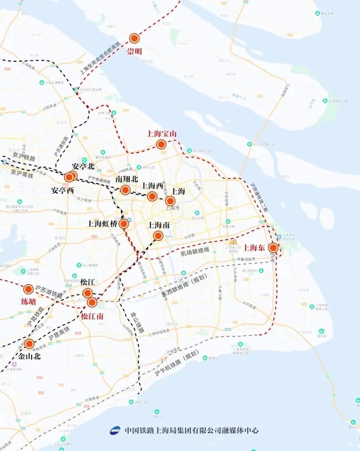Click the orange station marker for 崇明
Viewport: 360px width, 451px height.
click(134, 38)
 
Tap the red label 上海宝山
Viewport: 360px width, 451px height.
click(162, 134)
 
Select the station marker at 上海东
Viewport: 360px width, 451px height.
click(274, 248)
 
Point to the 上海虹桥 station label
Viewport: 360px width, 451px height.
click(103, 224)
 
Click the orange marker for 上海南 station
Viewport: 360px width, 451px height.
click(158, 236)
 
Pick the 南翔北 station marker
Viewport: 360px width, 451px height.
click(125, 190)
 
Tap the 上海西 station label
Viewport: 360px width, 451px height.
click(152, 186)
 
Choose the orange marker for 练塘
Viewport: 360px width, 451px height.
click(28, 289)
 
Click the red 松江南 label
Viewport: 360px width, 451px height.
click(92, 316)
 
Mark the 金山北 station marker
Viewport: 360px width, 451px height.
click(29, 343)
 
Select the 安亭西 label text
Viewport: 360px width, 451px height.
click(63, 190)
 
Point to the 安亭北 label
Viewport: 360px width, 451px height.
click(83, 166)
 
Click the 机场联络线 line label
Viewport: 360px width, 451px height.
click(195, 251)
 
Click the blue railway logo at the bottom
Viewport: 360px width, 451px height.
click(115, 431)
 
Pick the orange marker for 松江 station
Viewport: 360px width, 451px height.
click(88, 293)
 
